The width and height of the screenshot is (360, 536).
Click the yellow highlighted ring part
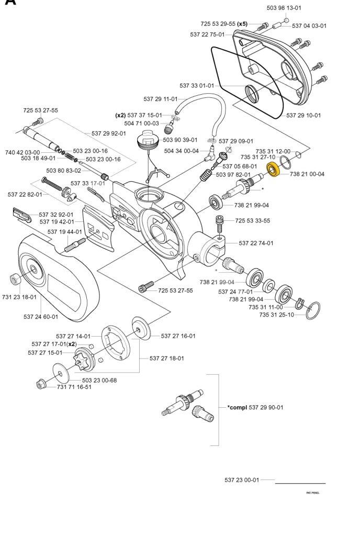(x=273, y=169)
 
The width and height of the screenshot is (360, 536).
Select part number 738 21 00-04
(x=307, y=174)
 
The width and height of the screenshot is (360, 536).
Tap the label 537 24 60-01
(x=41, y=317)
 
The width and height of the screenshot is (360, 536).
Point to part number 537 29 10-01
(x=303, y=115)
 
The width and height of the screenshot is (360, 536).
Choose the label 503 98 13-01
(x=284, y=8)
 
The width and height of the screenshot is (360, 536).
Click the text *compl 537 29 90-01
(x=255, y=407)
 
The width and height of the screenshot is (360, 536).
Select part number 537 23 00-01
(x=242, y=480)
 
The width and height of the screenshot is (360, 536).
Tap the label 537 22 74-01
(x=256, y=243)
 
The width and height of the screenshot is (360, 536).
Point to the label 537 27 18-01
(x=167, y=358)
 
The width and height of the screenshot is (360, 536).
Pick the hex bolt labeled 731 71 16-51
(x=41, y=385)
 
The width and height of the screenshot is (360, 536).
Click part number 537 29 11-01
(x=161, y=99)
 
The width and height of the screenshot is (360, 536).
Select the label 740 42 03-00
(x=22, y=152)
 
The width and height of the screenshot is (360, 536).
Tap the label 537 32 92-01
(x=56, y=215)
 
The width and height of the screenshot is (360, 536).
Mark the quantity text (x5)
(x=242, y=24)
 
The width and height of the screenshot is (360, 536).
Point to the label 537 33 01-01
(x=197, y=85)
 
